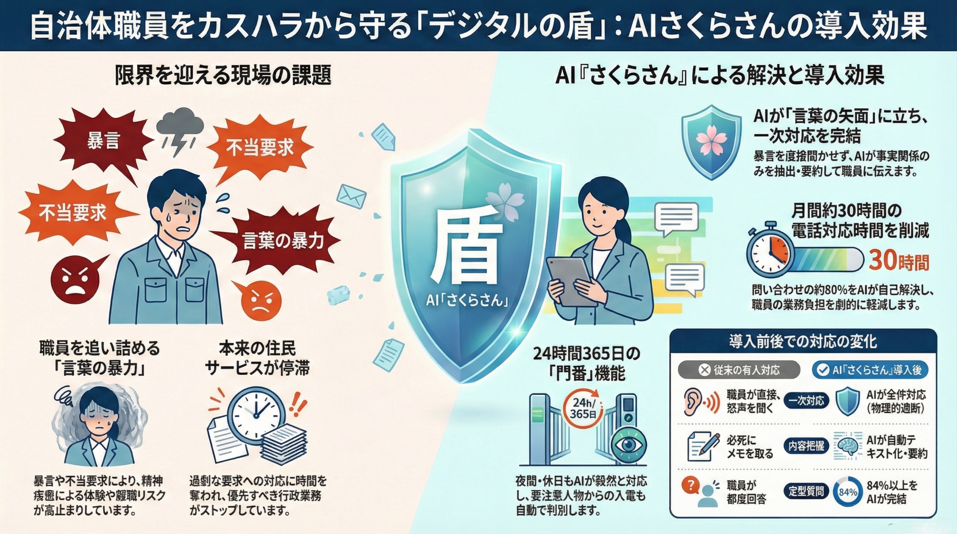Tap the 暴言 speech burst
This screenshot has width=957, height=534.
(103, 142)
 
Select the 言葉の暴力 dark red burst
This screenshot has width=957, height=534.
(283, 241)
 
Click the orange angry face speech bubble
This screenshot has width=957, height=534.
(260, 300)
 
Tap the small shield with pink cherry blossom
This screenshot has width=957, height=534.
(711, 142)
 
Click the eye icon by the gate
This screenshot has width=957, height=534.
(628, 444)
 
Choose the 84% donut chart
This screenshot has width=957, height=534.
(848, 492)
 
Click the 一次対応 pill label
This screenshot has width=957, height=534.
(806, 400)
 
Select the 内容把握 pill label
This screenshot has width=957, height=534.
(806, 446)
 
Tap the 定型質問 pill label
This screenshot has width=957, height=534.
(806, 491)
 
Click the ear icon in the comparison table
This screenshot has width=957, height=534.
(694, 401)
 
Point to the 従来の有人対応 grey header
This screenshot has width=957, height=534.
(739, 370)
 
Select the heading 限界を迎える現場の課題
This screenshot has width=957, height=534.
(223, 76)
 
